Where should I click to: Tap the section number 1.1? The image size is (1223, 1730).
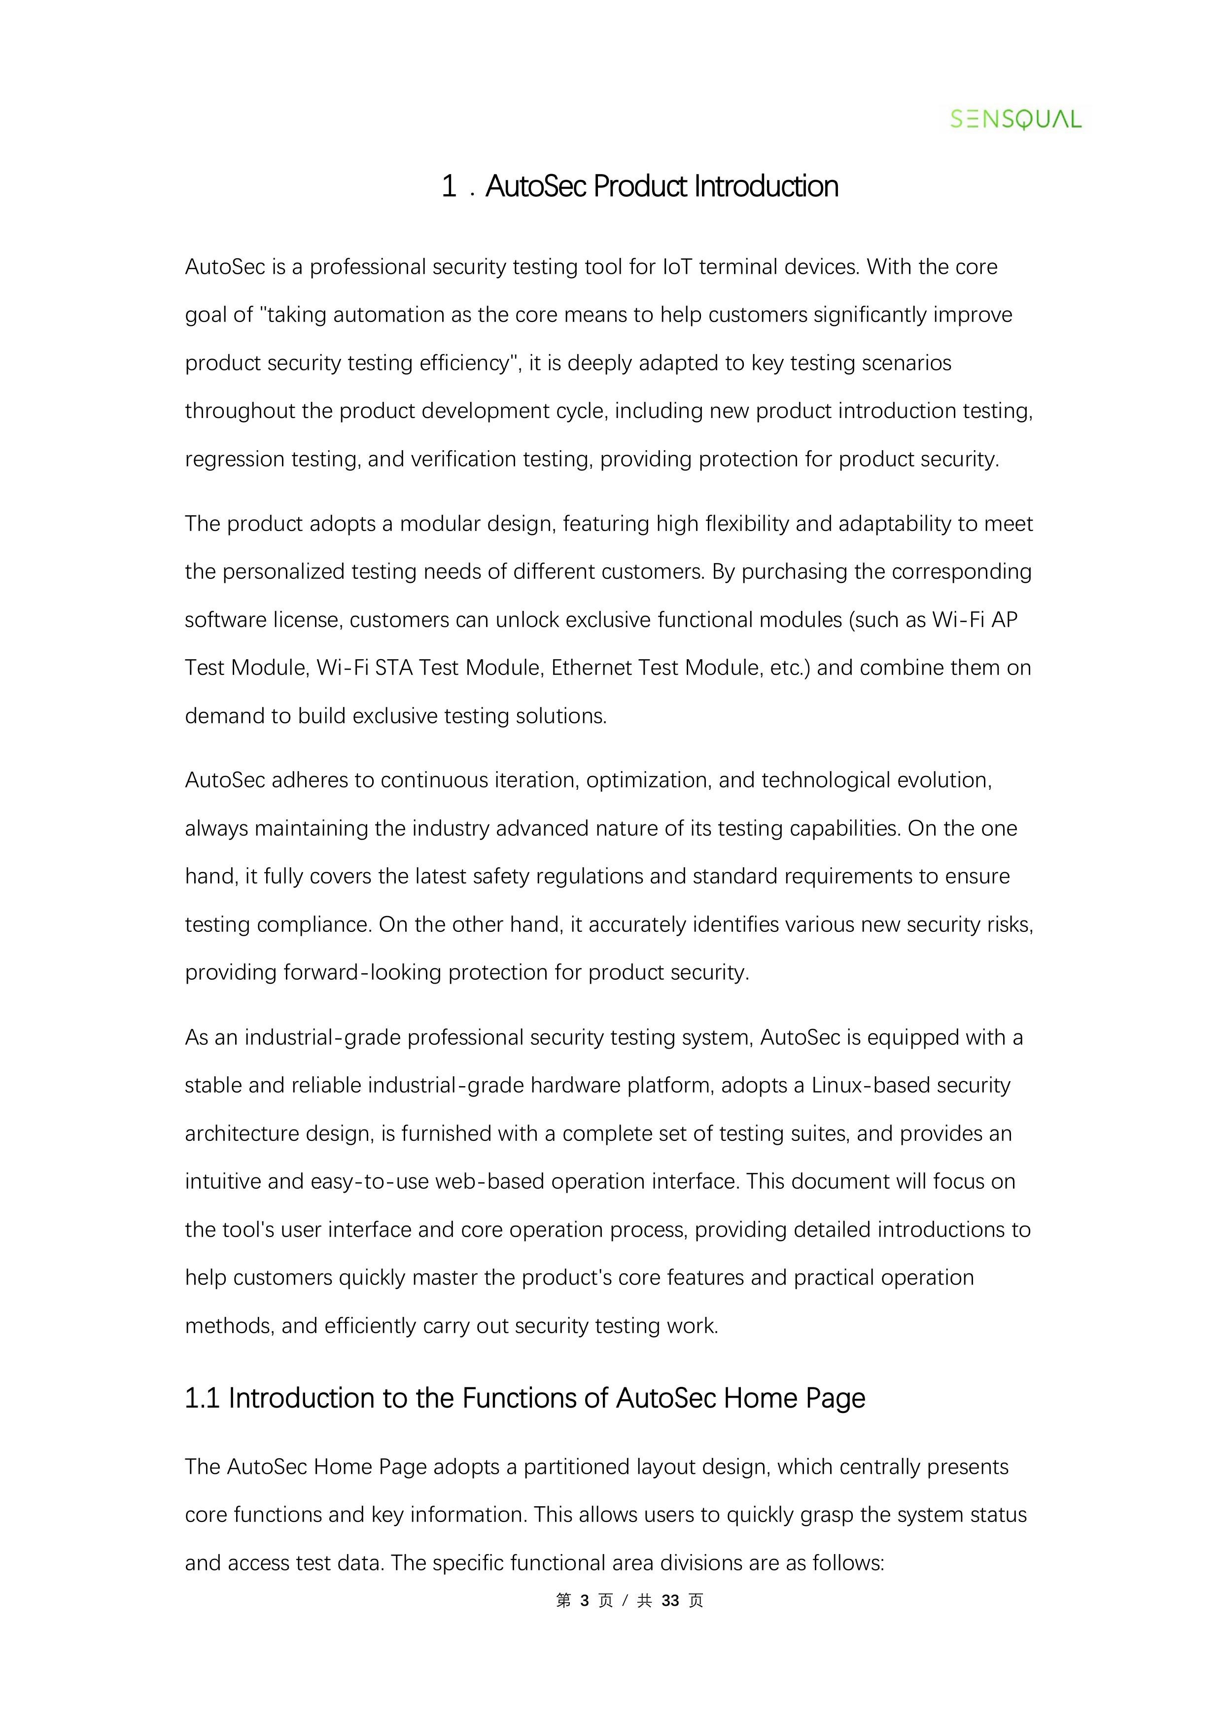point(202,1399)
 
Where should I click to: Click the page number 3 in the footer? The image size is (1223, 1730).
point(585,1600)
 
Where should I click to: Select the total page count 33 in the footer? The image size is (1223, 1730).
point(670,1600)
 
